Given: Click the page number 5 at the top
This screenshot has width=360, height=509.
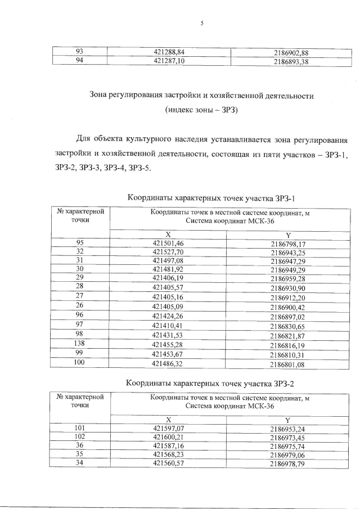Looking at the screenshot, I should (201, 23).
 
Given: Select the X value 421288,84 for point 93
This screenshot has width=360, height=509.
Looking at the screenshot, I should (168, 53).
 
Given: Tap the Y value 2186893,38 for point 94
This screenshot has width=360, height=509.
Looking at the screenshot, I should (291, 62).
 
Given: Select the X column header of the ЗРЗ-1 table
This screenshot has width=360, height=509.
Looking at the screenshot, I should (168, 234).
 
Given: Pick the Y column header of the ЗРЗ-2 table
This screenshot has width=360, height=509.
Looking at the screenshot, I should (287, 420).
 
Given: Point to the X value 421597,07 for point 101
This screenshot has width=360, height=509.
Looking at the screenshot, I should (168, 429).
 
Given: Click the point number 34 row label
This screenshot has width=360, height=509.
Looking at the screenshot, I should (80, 464).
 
